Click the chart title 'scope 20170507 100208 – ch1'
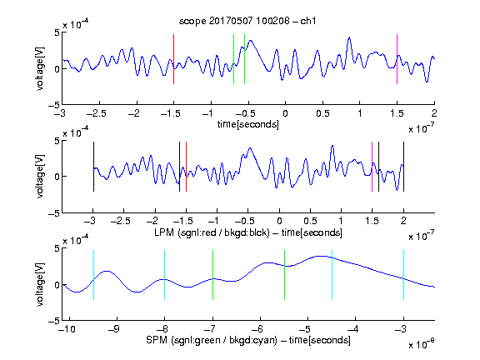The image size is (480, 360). point(247,21)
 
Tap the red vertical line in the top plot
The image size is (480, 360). point(174,59)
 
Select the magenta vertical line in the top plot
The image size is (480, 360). point(397,59)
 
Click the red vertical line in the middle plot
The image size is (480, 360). point(186,167)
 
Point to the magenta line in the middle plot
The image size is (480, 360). point(372,167)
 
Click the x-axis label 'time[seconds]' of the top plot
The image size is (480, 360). point(248,124)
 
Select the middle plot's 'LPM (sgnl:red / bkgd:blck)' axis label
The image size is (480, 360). point(212,232)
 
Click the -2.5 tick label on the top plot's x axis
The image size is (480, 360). point(96,113)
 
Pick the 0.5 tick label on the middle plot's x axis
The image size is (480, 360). point(310,221)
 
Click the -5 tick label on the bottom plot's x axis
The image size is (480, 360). point(305,329)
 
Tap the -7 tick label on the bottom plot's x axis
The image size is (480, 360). point(210,329)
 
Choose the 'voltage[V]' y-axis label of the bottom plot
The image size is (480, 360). point(40,284)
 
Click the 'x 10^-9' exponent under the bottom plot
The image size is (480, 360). point(421,344)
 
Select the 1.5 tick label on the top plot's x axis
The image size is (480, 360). point(397,113)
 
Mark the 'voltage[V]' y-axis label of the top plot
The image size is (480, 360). point(40,68)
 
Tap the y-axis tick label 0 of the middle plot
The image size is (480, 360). point(57,177)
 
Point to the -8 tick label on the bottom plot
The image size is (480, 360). point(162,329)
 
